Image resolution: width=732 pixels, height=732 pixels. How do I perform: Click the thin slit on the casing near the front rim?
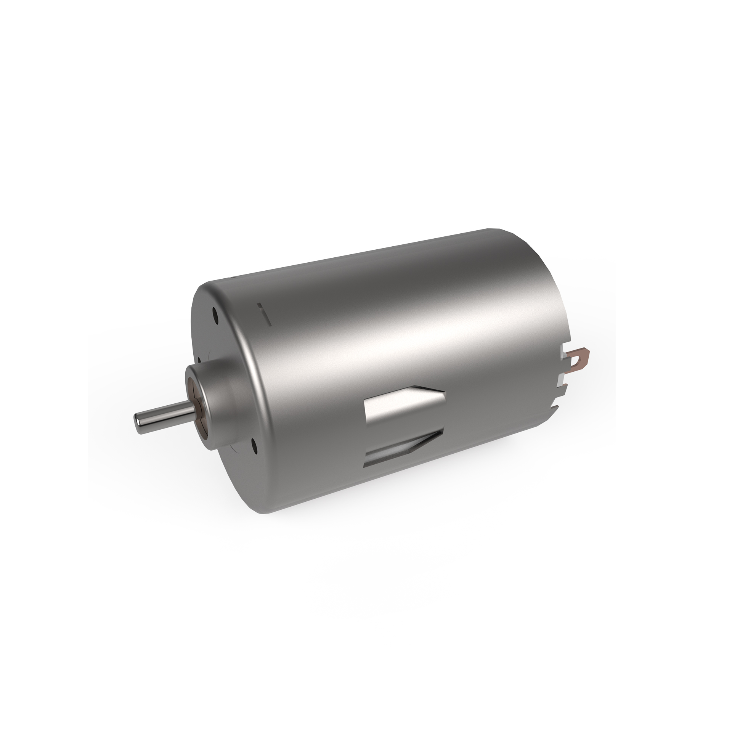[x=265, y=315]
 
